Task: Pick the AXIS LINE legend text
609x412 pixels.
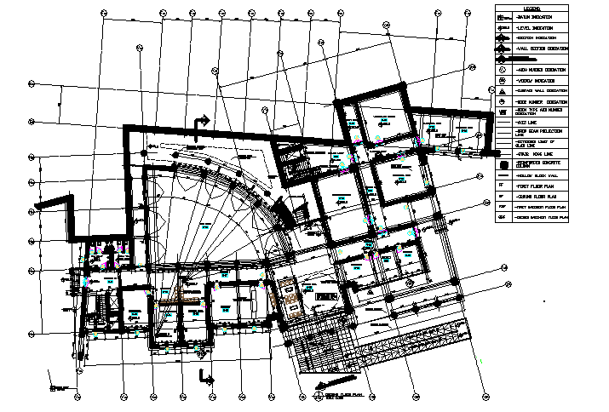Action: (x=529, y=123)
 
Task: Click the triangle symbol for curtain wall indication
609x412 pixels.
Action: (x=503, y=90)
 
